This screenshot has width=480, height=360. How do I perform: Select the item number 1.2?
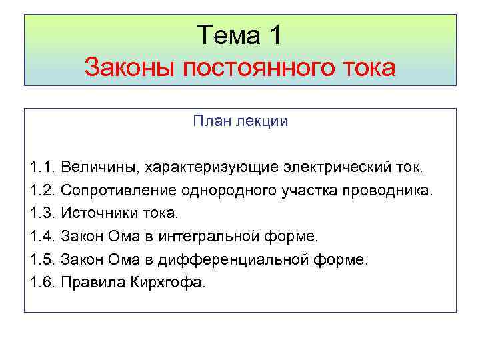(43, 191)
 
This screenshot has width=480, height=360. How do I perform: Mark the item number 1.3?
(43, 214)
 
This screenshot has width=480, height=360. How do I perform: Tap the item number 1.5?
(43, 259)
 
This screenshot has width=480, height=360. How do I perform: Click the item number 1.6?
(43, 282)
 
